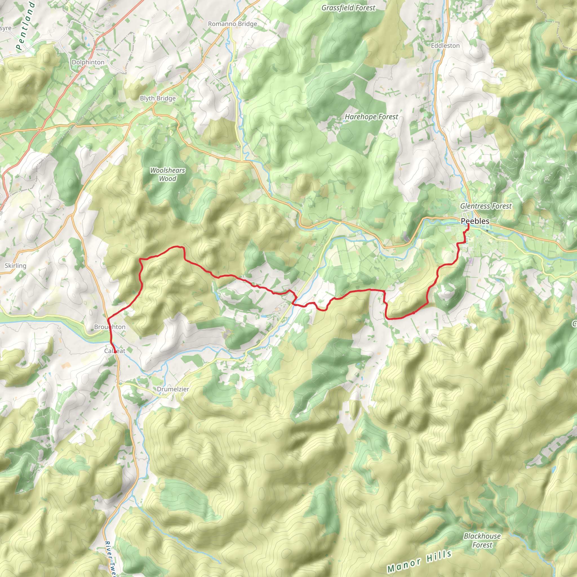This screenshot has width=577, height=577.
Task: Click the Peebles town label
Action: point(475,221)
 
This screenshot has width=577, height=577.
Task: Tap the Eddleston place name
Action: point(445,45)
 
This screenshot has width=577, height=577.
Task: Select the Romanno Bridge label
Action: point(232,24)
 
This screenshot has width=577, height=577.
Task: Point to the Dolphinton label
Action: point(88,62)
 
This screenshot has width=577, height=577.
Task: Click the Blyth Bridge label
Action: point(158,98)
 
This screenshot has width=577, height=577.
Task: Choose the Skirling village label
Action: point(15,265)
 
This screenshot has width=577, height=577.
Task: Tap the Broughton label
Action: point(110,327)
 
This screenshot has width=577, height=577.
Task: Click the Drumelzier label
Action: point(173,389)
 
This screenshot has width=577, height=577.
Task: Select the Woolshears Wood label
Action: point(167,174)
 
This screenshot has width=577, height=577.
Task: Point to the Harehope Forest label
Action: point(371,117)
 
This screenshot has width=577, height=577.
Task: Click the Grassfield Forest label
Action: point(348,8)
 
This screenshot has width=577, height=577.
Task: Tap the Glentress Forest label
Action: point(486,206)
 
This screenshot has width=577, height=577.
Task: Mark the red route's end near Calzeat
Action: point(115,352)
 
